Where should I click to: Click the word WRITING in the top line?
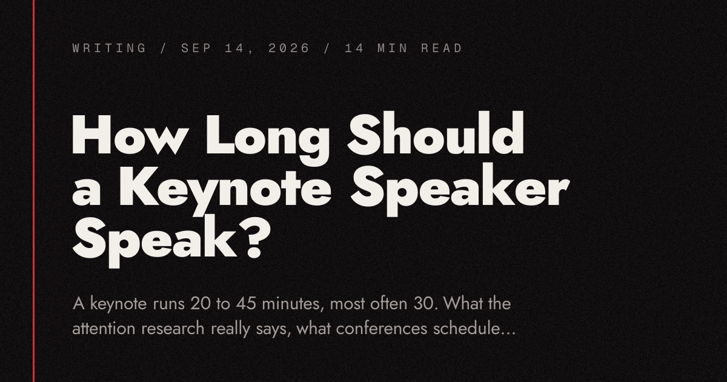pyautogui.click(x=110, y=48)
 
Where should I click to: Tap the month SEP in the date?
pyautogui.click(x=197, y=48)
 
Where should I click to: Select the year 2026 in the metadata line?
pyautogui.click(x=288, y=48)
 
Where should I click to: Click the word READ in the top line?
pyautogui.click(x=442, y=48)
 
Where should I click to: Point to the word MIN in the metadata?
pyautogui.click(x=393, y=48)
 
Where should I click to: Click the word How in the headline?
pyautogui.click(x=129, y=134)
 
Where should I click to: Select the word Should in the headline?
pyautogui.click(x=436, y=133)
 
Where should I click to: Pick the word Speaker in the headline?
pyautogui.click(x=460, y=189)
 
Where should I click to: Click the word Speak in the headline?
pyautogui.click(x=154, y=241)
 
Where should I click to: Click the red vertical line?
pyautogui.click(x=33, y=191)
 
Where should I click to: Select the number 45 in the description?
pyautogui.click(x=247, y=304)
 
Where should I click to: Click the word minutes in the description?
pyautogui.click(x=293, y=304)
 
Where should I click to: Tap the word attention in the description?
pyautogui.click(x=104, y=329)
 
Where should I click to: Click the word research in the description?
pyautogui.click(x=173, y=329)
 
